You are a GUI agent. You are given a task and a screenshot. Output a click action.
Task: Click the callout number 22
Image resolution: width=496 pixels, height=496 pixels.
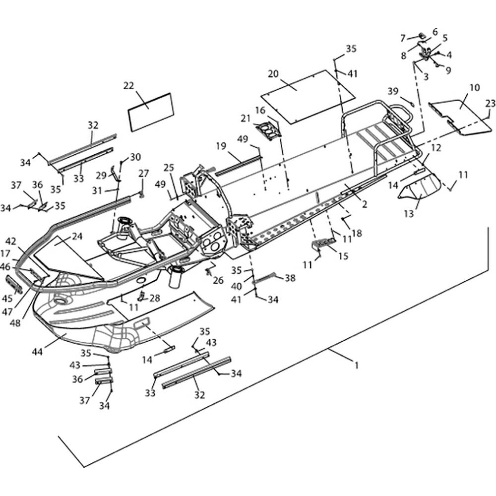pos(129,86)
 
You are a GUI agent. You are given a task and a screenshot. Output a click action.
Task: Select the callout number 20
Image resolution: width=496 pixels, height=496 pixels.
pos(273,74)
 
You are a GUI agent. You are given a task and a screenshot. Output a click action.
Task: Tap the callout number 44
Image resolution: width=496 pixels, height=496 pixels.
pos(37,352)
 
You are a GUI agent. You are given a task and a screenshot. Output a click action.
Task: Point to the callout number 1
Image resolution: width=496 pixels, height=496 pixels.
pos(357,366)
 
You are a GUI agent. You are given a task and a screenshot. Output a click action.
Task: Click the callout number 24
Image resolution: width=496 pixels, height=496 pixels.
pos(77,236)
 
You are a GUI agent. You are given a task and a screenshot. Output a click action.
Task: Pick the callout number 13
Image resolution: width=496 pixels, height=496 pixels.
pos(409,214)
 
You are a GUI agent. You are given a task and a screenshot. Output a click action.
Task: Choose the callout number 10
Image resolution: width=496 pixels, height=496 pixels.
pos(475,87)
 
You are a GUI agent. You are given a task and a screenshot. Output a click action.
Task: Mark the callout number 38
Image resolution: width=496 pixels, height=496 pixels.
pos(290,278)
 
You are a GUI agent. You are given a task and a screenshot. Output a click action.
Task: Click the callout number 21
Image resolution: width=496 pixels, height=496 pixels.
pos(246,119)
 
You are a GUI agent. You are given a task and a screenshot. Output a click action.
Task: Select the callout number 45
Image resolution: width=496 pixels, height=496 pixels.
pos(7,298)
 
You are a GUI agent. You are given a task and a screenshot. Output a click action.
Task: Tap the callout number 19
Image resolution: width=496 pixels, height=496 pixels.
pos(221,146)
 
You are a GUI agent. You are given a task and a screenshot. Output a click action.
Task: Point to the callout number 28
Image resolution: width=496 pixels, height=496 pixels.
pos(155,298)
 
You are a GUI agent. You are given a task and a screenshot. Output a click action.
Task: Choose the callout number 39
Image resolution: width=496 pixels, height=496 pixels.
pos(393,91)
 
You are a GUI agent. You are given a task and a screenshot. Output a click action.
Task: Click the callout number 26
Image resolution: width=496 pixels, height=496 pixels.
pos(218,280)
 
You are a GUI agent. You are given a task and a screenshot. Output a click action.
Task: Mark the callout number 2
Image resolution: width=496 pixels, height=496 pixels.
pos(365,204)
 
